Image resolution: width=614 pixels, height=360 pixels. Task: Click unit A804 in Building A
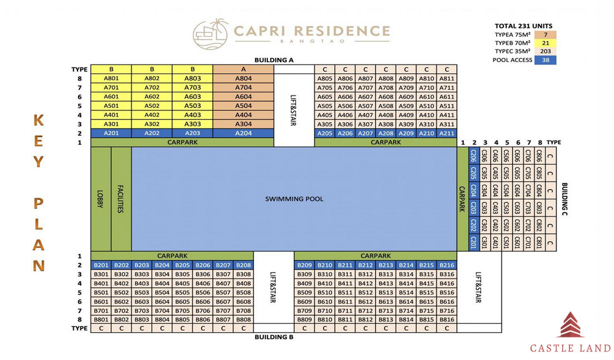point(243,78)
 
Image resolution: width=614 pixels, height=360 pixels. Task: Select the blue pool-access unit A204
point(243,133)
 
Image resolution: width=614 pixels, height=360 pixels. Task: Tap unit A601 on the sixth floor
point(111,97)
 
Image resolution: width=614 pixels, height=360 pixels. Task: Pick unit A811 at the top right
point(447,78)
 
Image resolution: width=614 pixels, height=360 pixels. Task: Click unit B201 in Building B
point(101,265)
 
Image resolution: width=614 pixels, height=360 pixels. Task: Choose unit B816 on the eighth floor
point(447,320)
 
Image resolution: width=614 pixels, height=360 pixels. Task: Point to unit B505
point(183,292)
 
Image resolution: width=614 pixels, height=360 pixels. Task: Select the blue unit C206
point(474,156)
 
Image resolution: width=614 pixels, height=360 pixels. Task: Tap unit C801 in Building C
point(539,242)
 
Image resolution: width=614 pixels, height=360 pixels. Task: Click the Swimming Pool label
point(294,199)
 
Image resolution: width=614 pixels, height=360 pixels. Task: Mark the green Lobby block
point(100,199)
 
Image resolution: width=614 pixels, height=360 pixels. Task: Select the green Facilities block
point(121,199)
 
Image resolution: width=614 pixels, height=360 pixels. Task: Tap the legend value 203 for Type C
point(545,51)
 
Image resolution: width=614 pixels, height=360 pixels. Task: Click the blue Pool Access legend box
point(545,60)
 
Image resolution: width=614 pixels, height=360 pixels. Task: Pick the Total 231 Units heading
point(523,26)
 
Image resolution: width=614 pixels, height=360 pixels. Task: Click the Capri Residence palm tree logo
point(210,34)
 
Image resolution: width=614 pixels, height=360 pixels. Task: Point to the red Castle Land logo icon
point(570,325)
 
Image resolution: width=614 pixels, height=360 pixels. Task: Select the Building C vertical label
point(564,199)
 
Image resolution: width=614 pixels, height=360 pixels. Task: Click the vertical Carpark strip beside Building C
point(463,199)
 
